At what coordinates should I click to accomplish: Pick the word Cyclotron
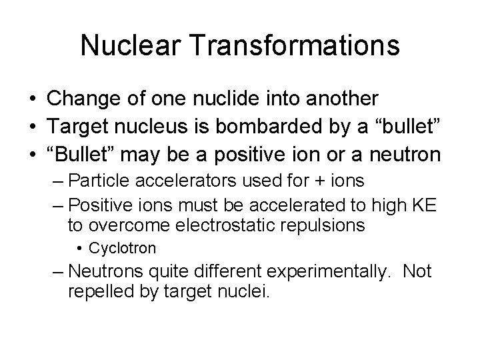(123, 249)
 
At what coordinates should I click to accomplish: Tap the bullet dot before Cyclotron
(80, 249)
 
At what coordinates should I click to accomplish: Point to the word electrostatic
(230, 225)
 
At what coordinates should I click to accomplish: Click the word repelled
(99, 292)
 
